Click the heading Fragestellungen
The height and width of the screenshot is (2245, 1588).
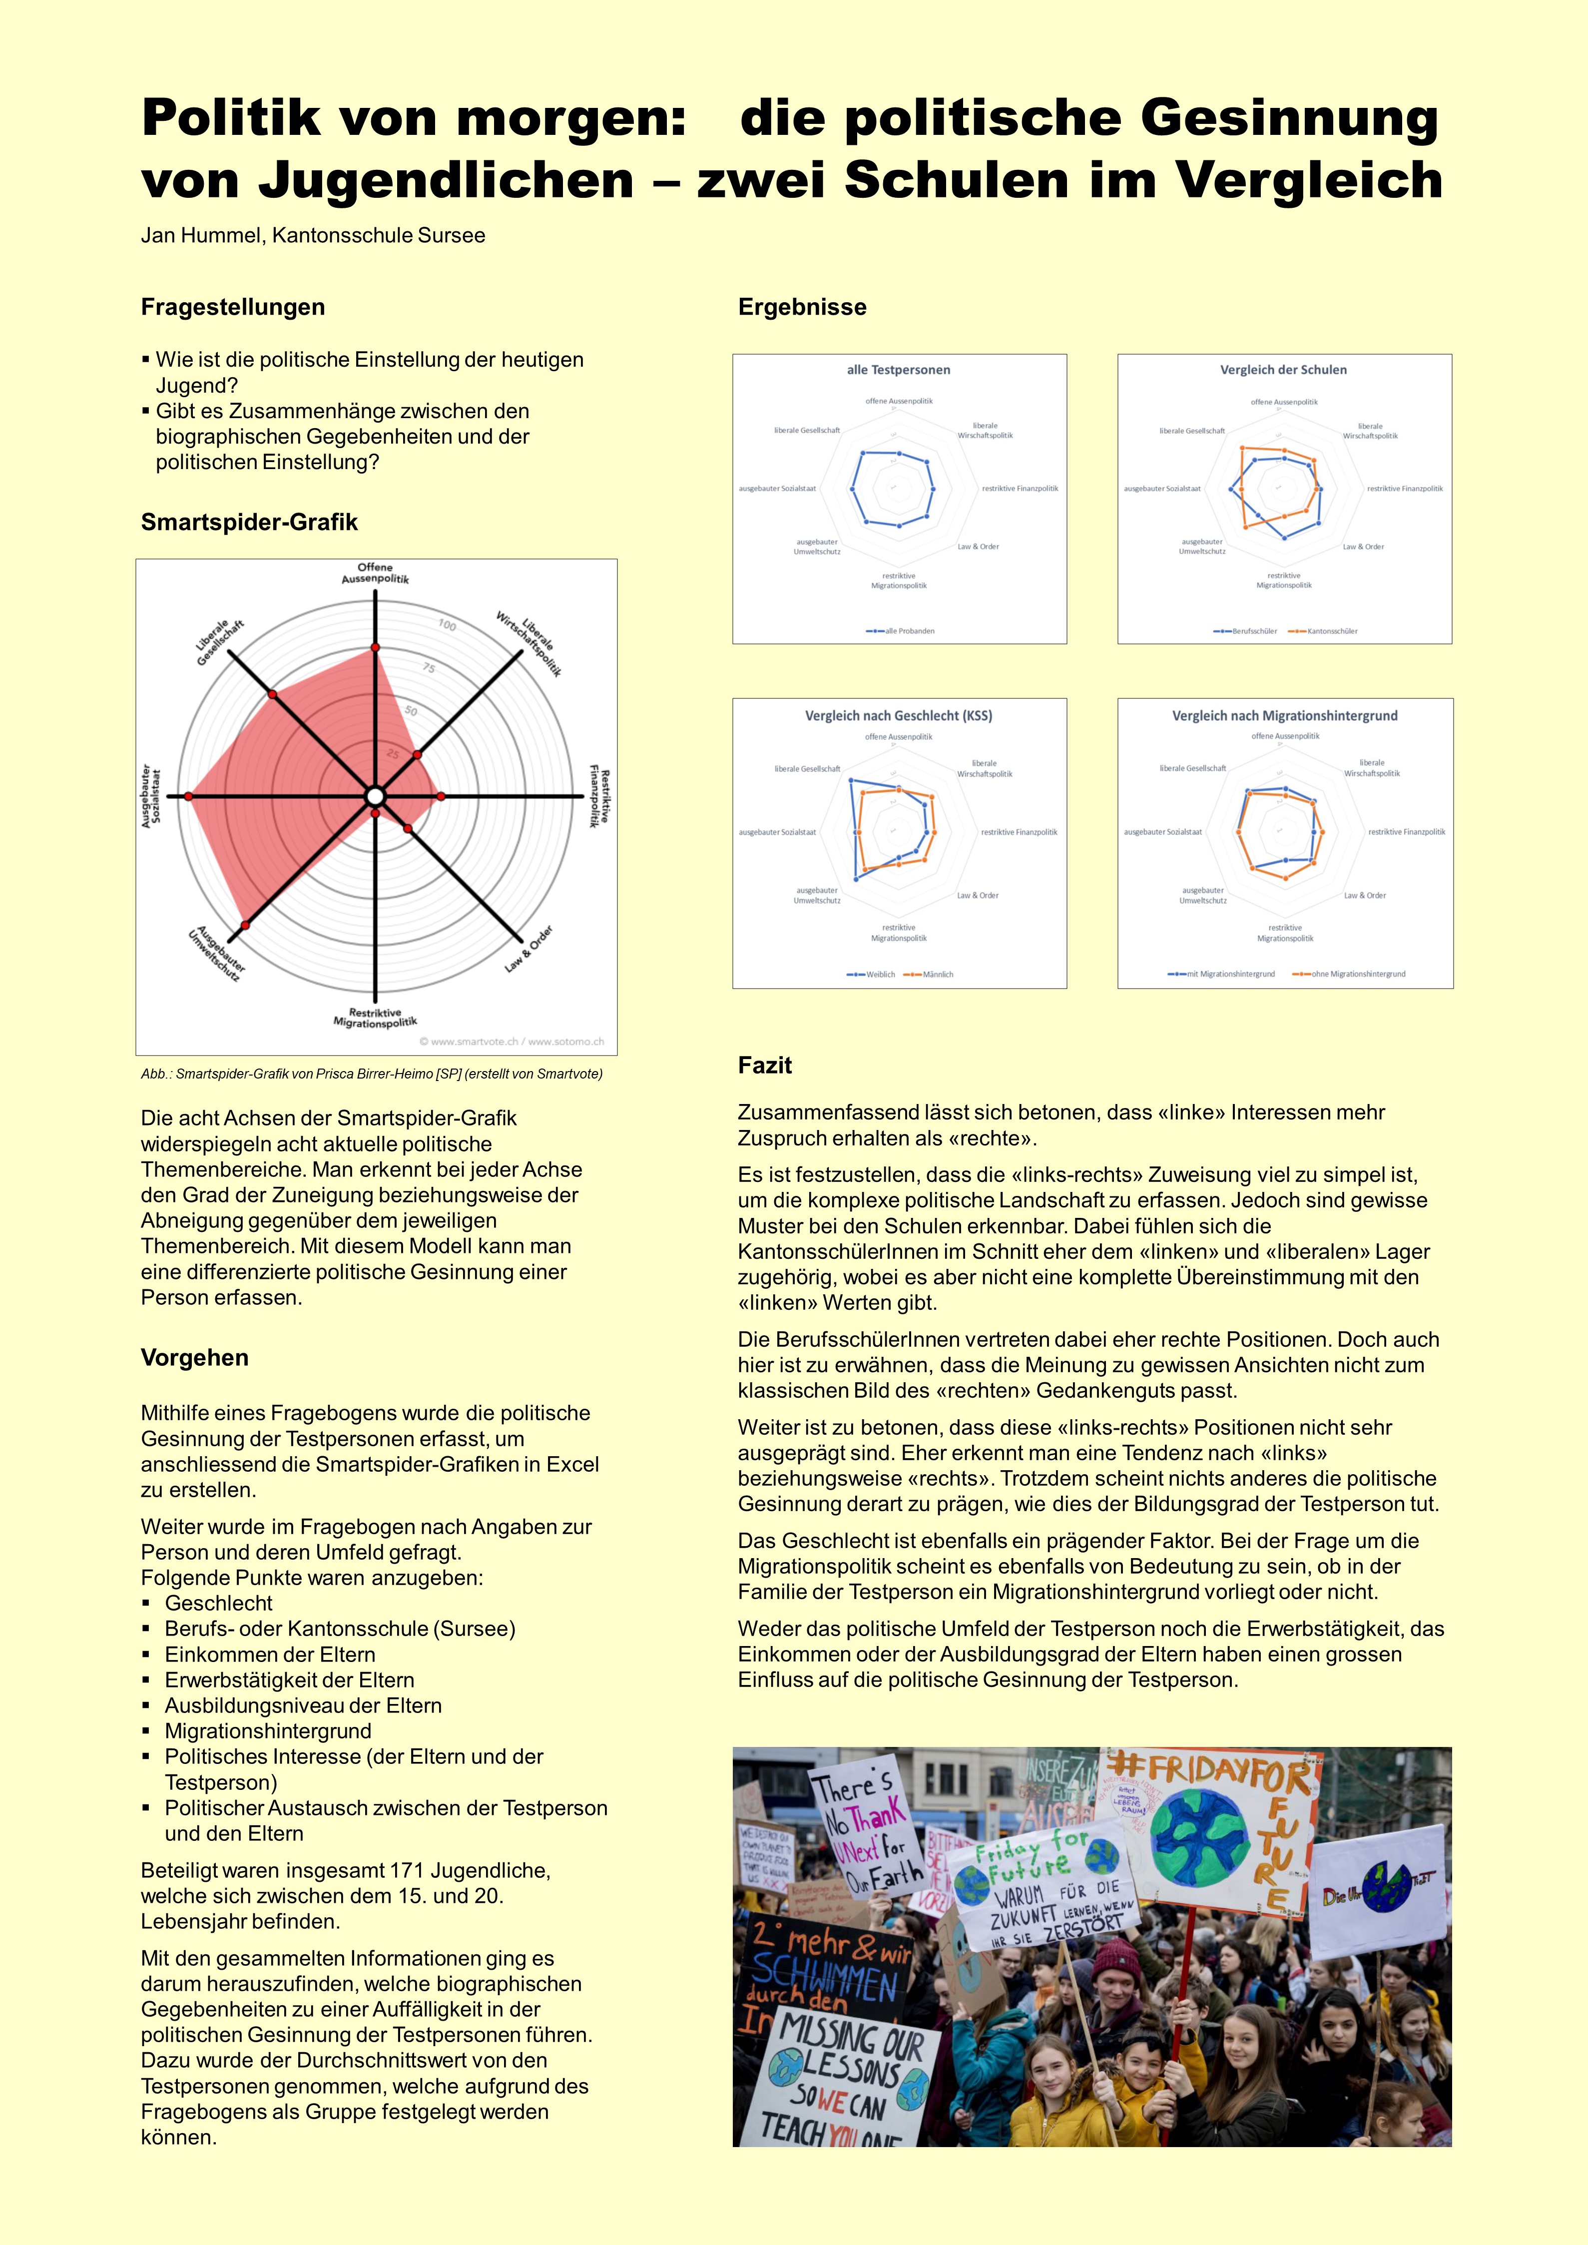[233, 307]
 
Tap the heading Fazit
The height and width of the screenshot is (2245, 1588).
[765, 1065]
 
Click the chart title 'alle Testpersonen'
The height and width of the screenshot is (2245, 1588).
[899, 370]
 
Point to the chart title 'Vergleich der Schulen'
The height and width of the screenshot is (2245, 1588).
[1283, 370]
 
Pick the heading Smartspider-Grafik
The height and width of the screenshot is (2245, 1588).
[249, 522]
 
